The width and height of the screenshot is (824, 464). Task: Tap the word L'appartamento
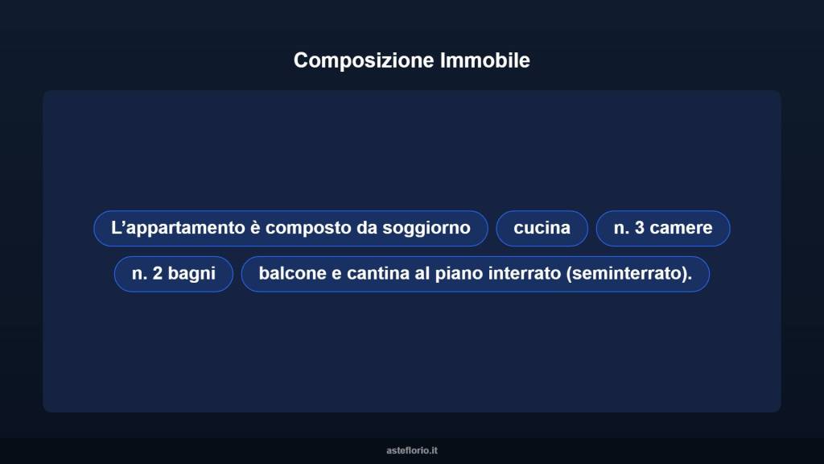coord(178,228)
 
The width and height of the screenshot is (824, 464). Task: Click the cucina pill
coord(542,228)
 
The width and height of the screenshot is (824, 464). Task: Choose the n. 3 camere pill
coord(663,228)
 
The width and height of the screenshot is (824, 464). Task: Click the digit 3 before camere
coord(640,228)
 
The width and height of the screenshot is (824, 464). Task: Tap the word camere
coord(682,228)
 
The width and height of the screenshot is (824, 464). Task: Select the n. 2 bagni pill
coord(174,274)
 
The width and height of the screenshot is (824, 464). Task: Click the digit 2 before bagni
coord(159,274)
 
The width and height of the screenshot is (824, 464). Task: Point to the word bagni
coord(192,274)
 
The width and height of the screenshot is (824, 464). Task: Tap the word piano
coord(456,274)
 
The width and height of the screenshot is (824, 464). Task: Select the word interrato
coord(524,274)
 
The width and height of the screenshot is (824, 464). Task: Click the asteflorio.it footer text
coord(412,450)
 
